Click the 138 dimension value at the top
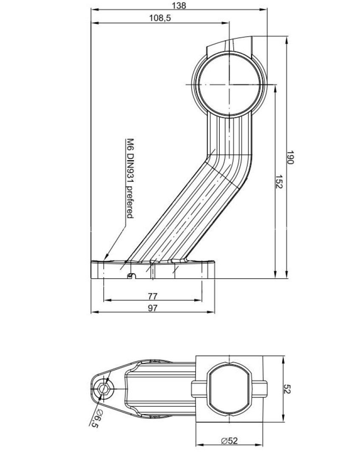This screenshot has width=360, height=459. [179, 5]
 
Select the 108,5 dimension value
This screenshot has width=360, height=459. [160, 18]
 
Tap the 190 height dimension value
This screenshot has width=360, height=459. [289, 157]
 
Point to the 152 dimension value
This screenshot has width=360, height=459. [279, 182]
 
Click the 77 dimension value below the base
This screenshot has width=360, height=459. [153, 296]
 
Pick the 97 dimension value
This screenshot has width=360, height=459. [153, 308]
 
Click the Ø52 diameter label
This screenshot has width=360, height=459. [230, 441]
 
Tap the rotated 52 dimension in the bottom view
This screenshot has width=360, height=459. [287, 389]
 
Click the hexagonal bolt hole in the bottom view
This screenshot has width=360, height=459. [103, 389]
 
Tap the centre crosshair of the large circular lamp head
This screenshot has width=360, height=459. [229, 85]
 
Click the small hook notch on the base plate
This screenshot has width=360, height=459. [131, 275]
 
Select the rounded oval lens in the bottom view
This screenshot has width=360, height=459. [230, 389]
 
